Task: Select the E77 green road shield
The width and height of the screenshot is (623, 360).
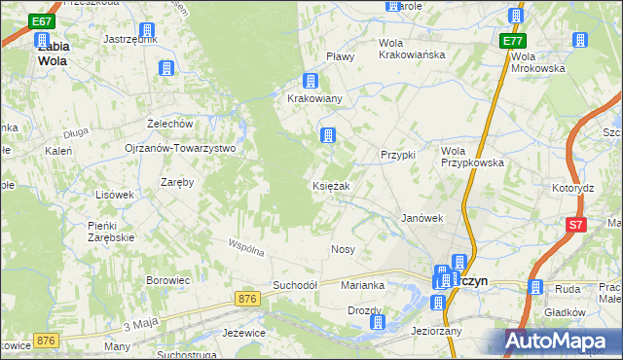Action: tap(514, 42)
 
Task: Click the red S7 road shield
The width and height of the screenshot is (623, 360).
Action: tap(577, 226)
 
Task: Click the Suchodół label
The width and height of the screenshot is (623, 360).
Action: tap(296, 285)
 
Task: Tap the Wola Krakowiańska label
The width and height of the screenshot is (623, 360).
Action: tap(412, 54)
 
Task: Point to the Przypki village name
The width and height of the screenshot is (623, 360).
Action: tap(398, 155)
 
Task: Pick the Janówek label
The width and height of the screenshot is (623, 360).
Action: tap(422, 219)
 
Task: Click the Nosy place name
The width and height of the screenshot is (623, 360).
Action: tap(343, 249)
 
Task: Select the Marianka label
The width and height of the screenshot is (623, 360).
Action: tap(363, 285)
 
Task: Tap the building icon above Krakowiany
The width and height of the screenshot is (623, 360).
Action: tap(311, 81)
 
